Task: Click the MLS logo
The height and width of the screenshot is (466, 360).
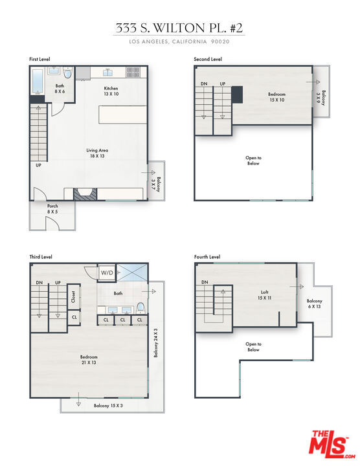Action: click(x=332, y=445)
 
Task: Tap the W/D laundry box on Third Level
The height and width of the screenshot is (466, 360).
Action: click(x=107, y=272)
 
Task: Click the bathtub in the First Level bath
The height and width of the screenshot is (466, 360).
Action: click(x=38, y=81)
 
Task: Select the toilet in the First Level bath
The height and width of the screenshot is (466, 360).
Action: click(x=68, y=72)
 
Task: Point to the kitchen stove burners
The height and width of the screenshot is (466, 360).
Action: click(x=133, y=72)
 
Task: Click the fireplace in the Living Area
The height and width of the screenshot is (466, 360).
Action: click(x=85, y=194)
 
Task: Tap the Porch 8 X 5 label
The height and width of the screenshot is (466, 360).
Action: click(x=52, y=208)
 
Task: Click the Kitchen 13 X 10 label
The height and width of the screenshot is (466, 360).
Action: click(x=111, y=91)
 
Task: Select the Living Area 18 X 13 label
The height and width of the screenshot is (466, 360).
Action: click(x=97, y=153)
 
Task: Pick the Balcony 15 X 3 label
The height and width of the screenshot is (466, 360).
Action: click(x=108, y=405)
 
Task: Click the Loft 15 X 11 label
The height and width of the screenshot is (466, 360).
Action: click(x=265, y=295)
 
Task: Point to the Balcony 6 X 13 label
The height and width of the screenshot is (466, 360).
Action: click(x=315, y=304)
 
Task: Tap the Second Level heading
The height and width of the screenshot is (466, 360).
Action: click(x=208, y=59)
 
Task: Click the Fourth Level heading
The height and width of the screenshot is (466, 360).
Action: click(x=207, y=257)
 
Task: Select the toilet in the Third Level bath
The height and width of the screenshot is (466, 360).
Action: click(x=141, y=308)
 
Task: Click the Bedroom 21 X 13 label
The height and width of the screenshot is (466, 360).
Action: click(x=89, y=360)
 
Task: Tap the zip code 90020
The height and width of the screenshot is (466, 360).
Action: click(x=220, y=41)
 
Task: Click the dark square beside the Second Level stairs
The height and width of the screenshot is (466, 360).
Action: click(x=237, y=94)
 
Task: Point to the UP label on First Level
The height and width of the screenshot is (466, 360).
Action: click(x=38, y=165)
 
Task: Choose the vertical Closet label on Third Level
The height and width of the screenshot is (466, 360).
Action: click(x=73, y=296)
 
